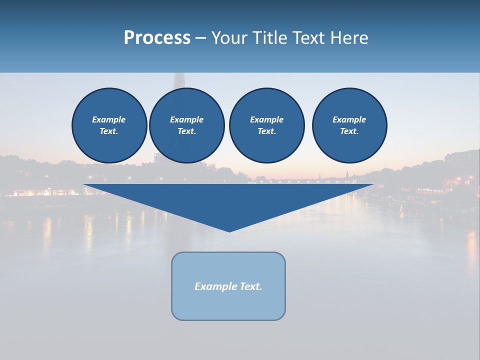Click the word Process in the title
[157, 38]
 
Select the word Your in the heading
[229, 38]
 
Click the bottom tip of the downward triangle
[229, 230]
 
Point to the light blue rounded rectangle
[228, 305]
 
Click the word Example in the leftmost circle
[109, 119]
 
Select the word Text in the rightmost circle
[349, 131]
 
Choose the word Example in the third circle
[266, 119]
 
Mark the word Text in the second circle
[186, 131]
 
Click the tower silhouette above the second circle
[178, 80]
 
